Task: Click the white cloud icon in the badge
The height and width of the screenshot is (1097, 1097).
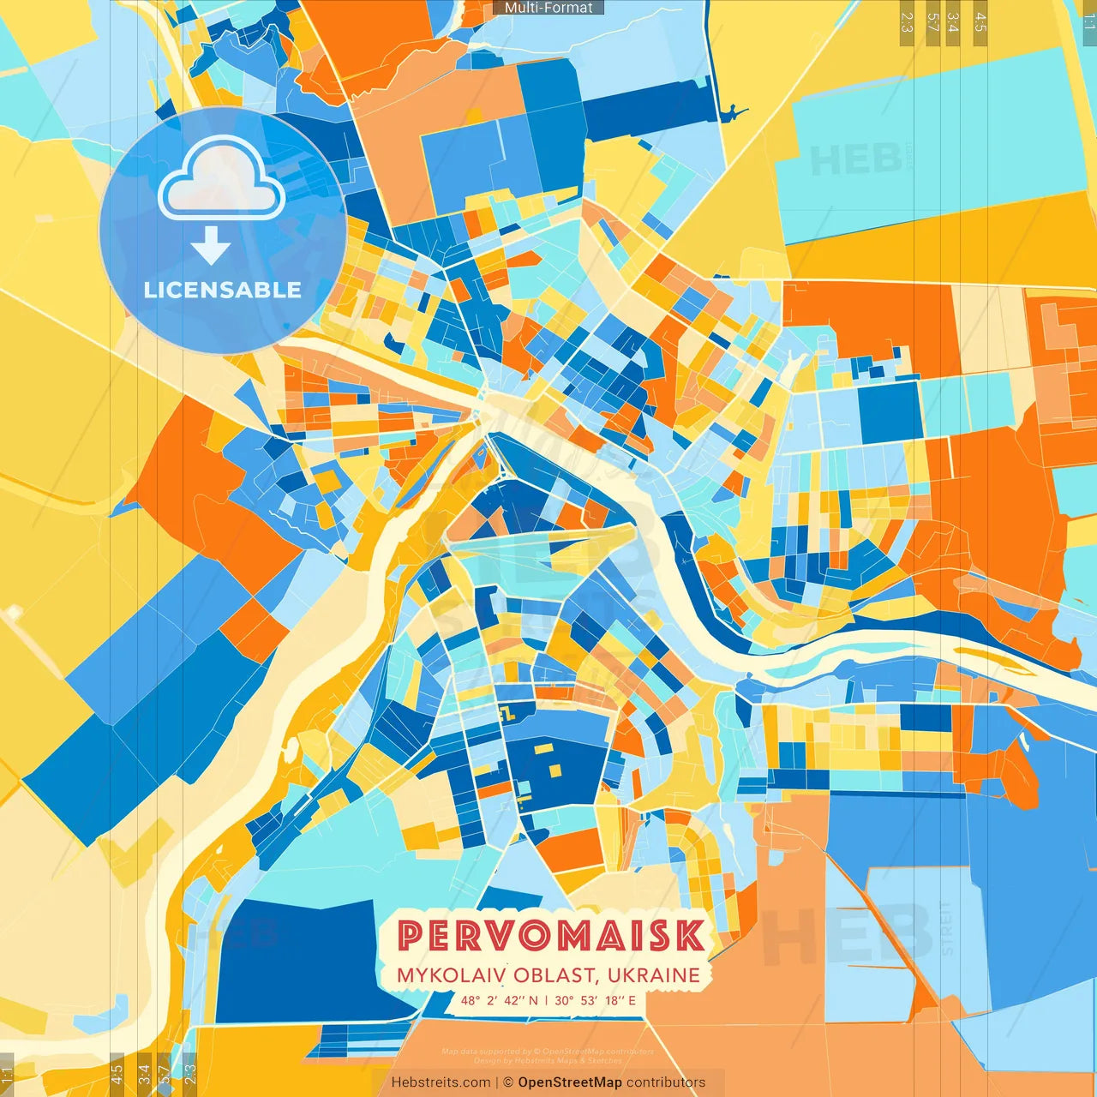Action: pos(222,179)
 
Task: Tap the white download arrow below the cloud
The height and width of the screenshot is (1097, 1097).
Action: pos(211,247)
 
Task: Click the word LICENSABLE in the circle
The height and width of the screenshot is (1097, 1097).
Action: pos(223,290)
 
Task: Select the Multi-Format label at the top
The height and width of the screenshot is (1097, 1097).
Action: pos(548,8)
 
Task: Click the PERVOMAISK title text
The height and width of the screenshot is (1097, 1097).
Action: pos(552,936)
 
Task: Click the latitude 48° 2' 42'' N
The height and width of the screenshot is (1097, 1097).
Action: pos(499,1000)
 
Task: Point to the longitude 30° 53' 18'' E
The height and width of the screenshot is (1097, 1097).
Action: pos(595,1000)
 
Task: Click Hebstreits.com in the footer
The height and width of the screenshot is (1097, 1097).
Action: pos(441,1082)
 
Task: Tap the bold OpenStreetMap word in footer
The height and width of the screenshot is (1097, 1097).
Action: pos(570,1082)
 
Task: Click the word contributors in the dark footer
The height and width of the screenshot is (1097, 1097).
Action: pos(666,1082)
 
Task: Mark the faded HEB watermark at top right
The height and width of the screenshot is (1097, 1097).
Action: pos(855,159)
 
